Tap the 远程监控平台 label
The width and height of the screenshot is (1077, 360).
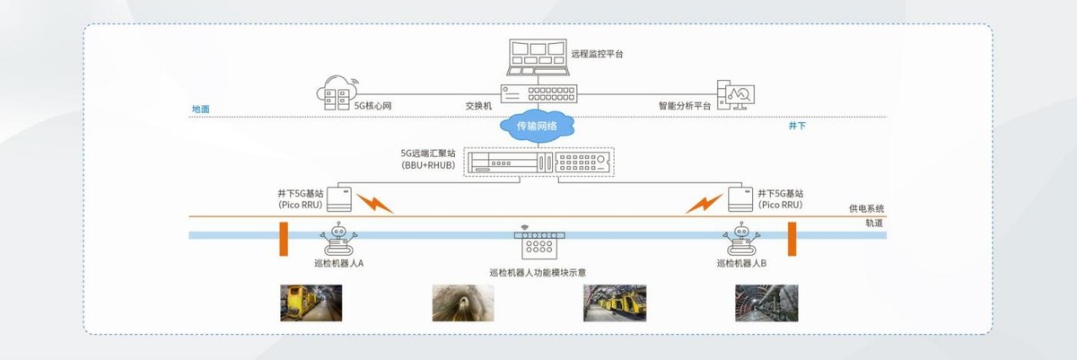[x=597, y=54]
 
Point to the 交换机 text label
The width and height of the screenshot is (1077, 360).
[x=479, y=105]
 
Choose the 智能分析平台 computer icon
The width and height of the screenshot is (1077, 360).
[x=736, y=93]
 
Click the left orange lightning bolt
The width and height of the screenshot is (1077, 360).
[x=374, y=202]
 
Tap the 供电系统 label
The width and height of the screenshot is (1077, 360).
[x=867, y=208]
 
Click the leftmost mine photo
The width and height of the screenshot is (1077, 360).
[x=311, y=303]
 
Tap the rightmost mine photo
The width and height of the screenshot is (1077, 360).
[x=766, y=303]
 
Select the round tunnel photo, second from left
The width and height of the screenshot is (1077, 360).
[x=463, y=303]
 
